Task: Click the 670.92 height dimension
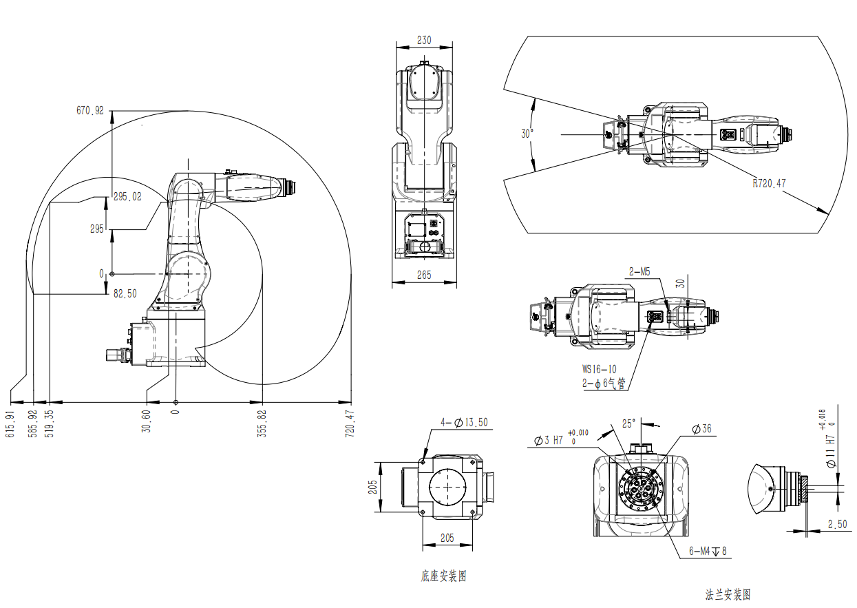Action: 90,111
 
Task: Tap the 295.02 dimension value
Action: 127,197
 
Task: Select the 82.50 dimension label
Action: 125,293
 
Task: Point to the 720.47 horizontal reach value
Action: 350,424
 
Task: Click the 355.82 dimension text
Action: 262,424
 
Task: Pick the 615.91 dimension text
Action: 10,424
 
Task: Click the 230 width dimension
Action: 424,40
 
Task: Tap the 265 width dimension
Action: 424,275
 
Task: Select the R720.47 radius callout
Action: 769,183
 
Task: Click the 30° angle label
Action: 527,134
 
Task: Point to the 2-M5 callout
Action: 639,272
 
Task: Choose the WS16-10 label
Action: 599,369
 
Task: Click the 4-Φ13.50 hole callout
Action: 464,422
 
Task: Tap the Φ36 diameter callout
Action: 701,428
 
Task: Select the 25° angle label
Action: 628,423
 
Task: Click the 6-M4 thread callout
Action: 708,551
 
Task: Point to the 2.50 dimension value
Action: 838,524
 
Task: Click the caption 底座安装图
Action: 443,576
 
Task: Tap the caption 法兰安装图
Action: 728,595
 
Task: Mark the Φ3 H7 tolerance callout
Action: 561,439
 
